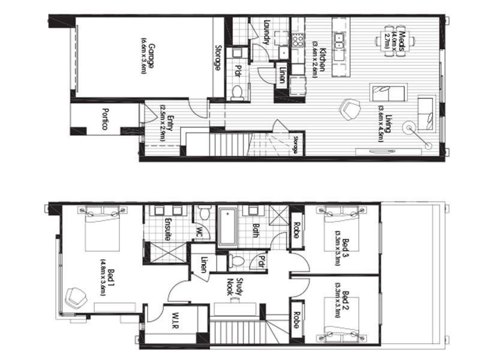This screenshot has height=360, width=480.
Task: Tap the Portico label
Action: pos(104,120)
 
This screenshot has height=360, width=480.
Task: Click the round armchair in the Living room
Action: pos(348,109)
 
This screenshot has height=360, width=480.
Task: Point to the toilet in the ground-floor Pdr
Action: pos(237,92)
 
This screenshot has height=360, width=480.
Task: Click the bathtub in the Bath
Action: pos(227,227)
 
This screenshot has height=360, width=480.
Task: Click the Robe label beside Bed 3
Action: pos(296,230)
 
